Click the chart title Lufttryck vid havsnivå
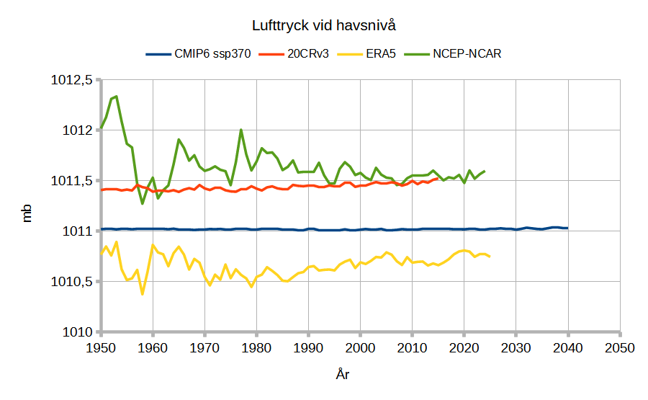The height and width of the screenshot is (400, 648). [x=324, y=26]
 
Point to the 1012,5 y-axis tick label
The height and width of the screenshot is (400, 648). [x=73, y=80]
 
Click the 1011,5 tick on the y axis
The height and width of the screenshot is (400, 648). [x=73, y=181]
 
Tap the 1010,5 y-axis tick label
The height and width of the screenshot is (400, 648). [x=73, y=282]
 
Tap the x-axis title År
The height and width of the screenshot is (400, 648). [x=343, y=375]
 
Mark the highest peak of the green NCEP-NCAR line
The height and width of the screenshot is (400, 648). [x=117, y=97]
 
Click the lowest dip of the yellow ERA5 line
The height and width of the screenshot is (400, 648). [x=143, y=294]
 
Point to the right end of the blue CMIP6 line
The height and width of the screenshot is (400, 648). [x=567, y=228]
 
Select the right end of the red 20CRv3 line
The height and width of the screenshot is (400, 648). [x=438, y=178]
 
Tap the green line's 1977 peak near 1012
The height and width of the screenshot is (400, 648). [x=240, y=130]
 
